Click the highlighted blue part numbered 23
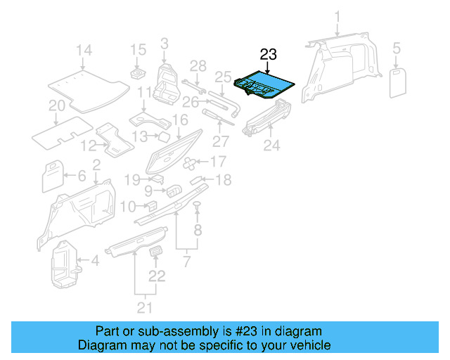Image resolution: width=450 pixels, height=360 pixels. coord(265,84)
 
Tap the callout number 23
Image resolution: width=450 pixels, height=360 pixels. coord(269,54)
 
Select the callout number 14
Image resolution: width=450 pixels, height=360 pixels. coord(84,50)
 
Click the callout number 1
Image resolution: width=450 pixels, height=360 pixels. coord(337,15)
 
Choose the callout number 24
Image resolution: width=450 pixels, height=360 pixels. coord(271,146)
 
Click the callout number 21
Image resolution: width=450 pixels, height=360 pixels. coord(145,307)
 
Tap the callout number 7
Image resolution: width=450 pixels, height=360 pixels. coord(186,262)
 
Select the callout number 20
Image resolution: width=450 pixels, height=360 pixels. coord(57,106)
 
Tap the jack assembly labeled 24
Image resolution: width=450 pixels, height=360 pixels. coord(271,117)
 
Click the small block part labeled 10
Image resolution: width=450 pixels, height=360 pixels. coord(150,205)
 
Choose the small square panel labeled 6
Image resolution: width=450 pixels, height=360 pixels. coord(53,176)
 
